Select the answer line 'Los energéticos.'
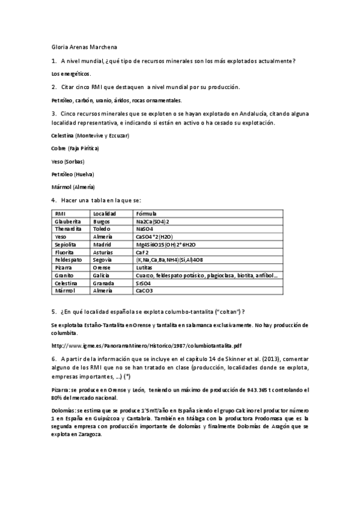pos(72,73)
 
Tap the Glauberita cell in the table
pos(68,221)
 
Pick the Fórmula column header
pos(147,214)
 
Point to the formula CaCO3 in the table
pos(145,291)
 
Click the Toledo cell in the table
pos(102,229)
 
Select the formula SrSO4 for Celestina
pos(143,283)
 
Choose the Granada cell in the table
pos(104,283)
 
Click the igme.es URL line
pos(147,345)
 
